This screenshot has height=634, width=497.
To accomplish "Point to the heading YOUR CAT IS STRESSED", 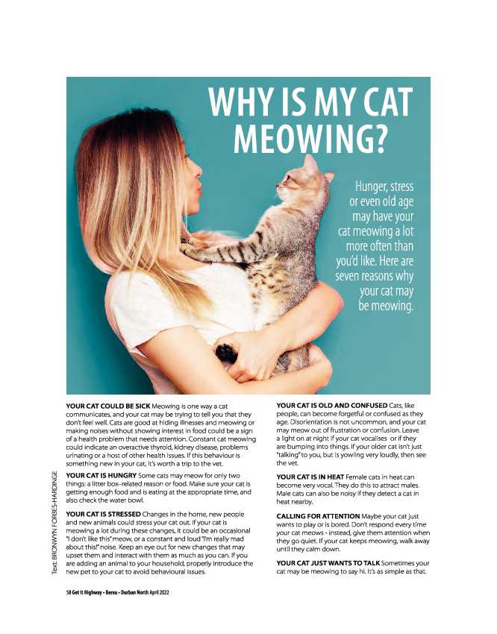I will point(107,515).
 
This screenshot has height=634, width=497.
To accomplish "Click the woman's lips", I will point(199,189).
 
